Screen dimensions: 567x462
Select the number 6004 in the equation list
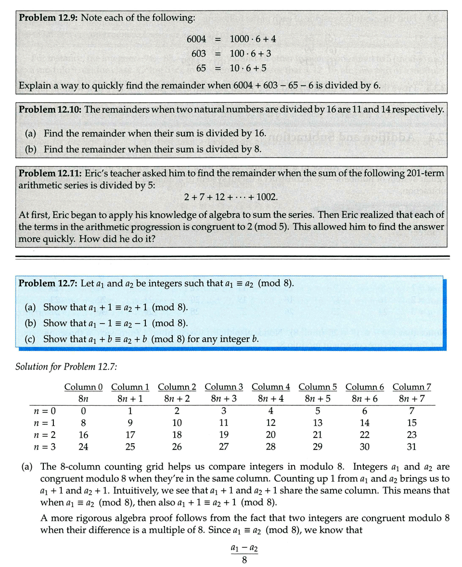(196, 39)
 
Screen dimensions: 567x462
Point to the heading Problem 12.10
(50, 109)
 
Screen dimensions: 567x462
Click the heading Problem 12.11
(50, 173)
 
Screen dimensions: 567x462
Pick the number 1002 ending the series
(267, 197)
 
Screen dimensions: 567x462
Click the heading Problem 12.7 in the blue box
(48, 283)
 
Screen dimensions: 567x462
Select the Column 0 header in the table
(83, 387)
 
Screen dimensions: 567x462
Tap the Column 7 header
(411, 387)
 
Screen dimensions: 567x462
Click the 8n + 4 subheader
(270, 399)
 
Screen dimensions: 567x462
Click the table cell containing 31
(411, 447)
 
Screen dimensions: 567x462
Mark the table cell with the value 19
(224, 435)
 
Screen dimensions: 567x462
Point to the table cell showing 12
(270, 423)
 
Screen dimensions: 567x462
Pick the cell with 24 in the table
(83, 447)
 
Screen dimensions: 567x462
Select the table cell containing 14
(365, 423)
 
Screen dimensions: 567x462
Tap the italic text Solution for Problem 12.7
(66, 366)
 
